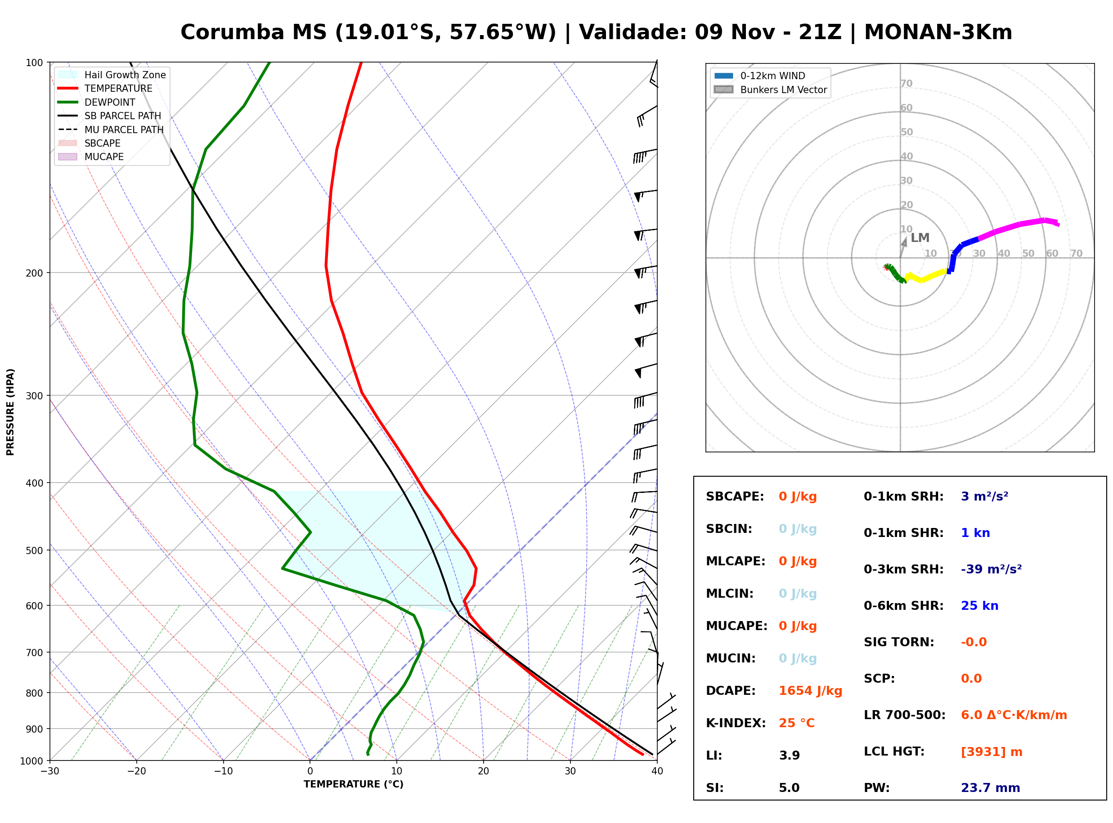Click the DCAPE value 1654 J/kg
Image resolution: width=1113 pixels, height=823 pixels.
810,691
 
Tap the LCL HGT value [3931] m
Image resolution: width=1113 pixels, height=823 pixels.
992,752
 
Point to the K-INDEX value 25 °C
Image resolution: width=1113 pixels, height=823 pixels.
797,723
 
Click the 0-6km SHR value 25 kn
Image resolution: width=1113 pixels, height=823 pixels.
979,606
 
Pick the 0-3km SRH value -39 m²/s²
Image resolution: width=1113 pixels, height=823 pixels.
992,569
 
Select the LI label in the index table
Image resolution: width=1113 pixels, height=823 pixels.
714,756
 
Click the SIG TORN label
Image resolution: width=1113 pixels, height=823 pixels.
899,642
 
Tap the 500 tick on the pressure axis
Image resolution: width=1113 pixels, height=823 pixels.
34,550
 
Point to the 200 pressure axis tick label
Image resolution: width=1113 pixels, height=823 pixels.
34,273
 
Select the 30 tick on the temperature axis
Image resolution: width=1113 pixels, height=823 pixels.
570,771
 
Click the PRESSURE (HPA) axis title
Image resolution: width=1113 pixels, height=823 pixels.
10,412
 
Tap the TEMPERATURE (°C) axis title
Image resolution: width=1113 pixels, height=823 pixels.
354,785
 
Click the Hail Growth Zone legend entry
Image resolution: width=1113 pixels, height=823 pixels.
112,75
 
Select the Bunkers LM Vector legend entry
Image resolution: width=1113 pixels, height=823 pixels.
771,89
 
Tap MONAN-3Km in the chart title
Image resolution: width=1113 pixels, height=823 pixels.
938,32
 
